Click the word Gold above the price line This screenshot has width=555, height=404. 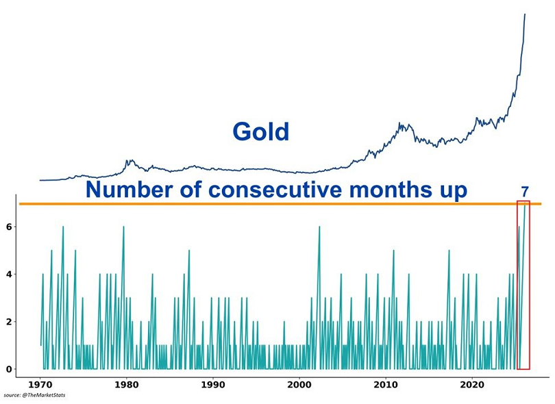click(x=261, y=131)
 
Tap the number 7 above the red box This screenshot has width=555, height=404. click(x=525, y=192)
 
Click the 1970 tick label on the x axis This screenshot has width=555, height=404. click(x=40, y=385)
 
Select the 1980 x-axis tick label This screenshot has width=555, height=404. click(x=127, y=385)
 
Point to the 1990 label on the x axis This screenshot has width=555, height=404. click(x=213, y=385)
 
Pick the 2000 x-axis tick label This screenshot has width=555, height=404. click(x=299, y=385)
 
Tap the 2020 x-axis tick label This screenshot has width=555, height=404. click(x=472, y=385)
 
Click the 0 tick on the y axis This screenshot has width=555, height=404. click(x=10, y=370)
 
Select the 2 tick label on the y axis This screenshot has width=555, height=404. click(x=10, y=322)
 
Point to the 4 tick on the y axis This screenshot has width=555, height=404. click(x=10, y=275)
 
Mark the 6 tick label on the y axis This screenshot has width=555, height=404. click(x=10, y=227)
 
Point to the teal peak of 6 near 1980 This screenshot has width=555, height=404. click(x=123, y=227)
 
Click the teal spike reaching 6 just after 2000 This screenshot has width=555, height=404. click(x=319, y=227)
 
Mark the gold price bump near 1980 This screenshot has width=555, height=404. click(x=128, y=162)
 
